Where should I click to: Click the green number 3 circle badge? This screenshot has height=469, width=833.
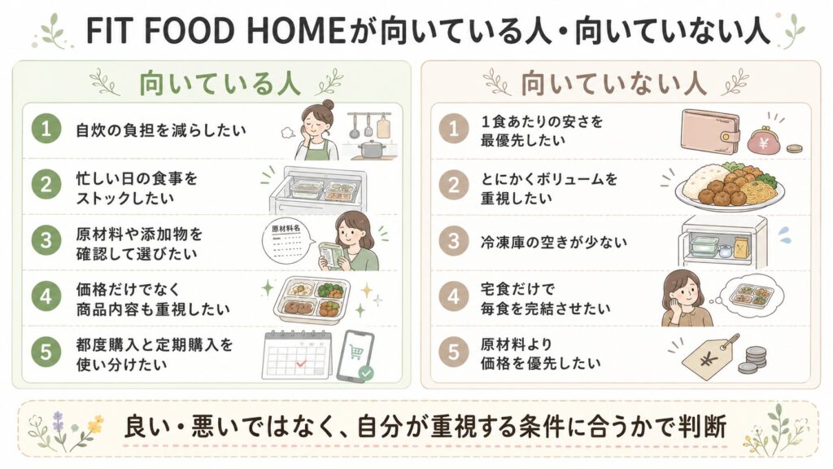click(x=46, y=240)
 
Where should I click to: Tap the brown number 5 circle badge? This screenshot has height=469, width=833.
click(x=453, y=352)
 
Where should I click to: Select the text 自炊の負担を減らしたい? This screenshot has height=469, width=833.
click(x=162, y=130)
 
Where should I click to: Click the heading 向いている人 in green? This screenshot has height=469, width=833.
click(x=220, y=84)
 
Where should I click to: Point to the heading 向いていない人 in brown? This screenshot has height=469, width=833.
click(x=613, y=84)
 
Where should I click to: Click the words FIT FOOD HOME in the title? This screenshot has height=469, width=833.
click(x=216, y=30)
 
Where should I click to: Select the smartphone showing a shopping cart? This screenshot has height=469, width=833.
click(x=356, y=356)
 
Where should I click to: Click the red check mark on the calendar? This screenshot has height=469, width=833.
click(x=301, y=364)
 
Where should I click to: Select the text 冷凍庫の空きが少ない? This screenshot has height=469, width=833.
click(x=553, y=243)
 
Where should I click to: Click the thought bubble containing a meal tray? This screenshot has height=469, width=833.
click(x=750, y=295)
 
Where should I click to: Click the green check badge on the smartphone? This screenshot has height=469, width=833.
click(x=366, y=373)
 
